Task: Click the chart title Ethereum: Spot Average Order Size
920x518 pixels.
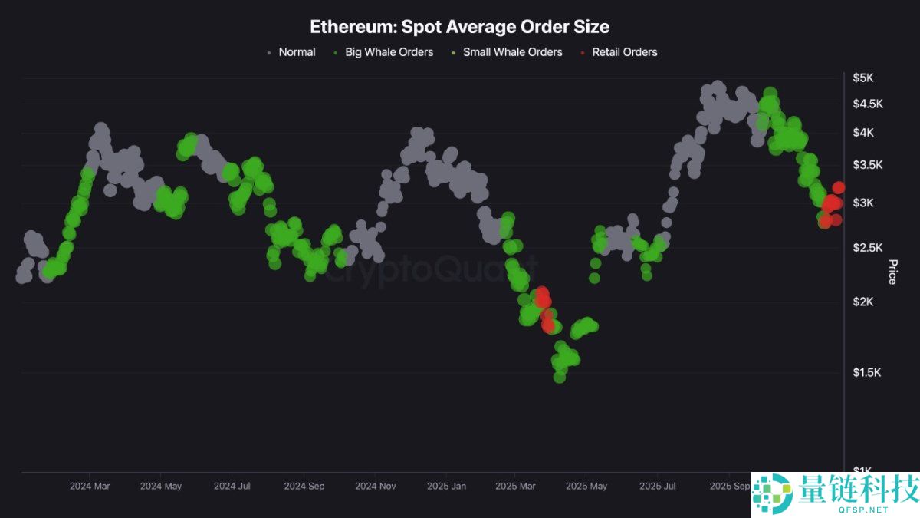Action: tap(459, 27)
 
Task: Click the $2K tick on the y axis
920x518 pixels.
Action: tap(863, 302)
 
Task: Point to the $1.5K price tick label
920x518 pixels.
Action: tap(867, 373)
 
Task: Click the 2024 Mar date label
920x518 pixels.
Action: tap(90, 486)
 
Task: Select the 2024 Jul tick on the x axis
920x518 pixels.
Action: tap(232, 486)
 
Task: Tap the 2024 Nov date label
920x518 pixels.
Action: tap(376, 486)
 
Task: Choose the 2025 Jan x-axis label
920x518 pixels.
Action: tap(446, 486)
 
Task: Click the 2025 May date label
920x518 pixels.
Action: tap(586, 486)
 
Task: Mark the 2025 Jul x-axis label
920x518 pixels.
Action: tap(657, 486)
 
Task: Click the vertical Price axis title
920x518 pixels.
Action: tap(892, 272)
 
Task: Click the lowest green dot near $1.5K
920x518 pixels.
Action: tap(560, 377)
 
